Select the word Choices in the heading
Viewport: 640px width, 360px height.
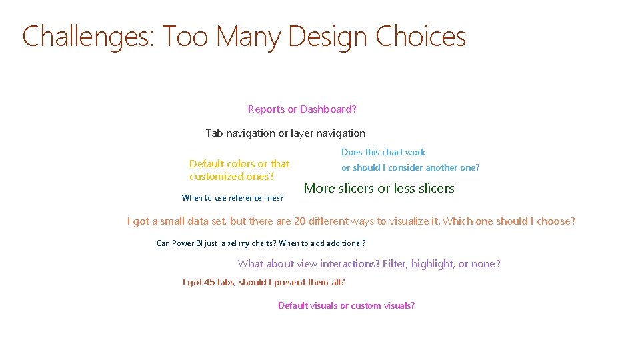[421, 37]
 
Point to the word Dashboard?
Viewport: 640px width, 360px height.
[328, 109]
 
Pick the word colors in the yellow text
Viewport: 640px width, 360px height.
[239, 164]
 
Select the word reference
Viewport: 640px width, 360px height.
[246, 198]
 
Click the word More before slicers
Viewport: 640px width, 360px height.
[319, 189]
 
